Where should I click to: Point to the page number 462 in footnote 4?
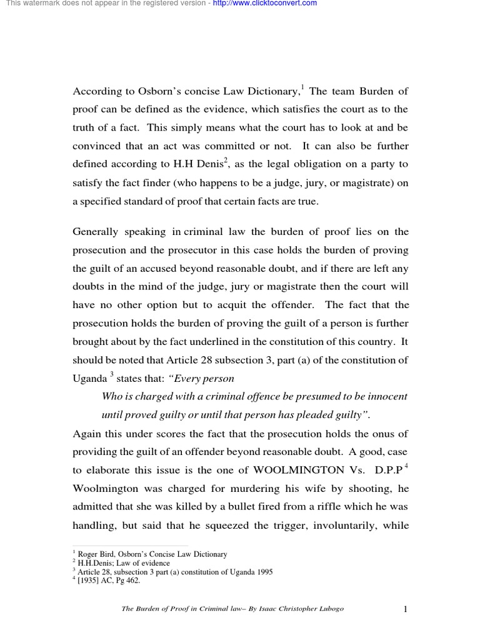[x=133, y=581]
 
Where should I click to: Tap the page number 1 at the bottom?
[x=406, y=609]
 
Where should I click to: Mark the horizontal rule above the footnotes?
[x=131, y=546]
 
